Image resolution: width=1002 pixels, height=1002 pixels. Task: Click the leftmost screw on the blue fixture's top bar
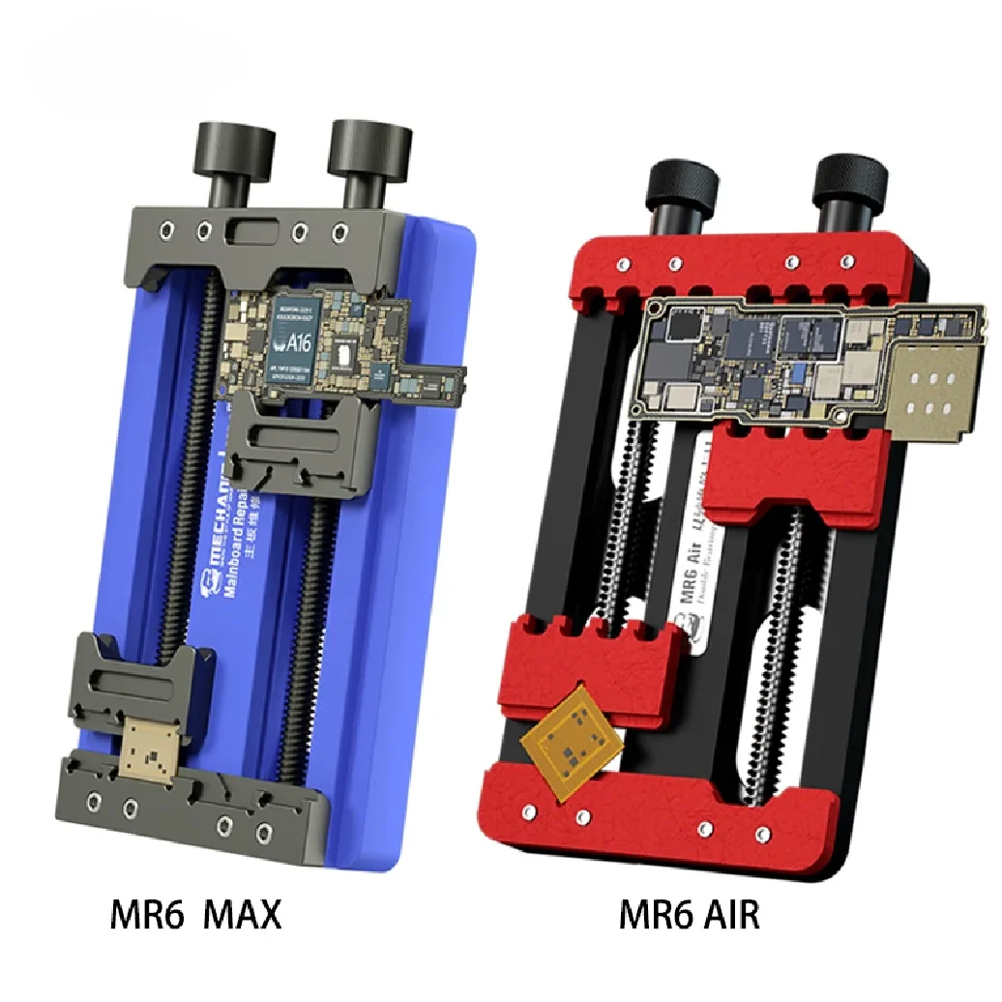tap(167, 230)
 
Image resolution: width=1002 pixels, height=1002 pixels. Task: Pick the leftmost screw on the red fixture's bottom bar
tap(531, 805)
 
